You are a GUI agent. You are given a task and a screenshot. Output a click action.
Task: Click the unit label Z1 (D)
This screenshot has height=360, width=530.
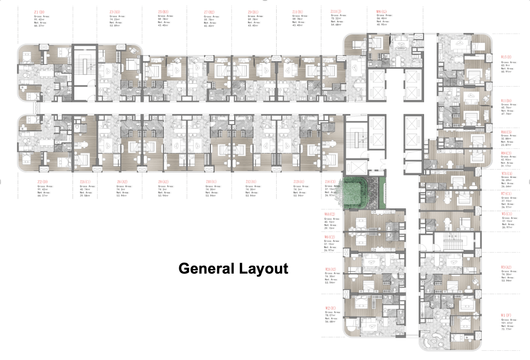point(39,12)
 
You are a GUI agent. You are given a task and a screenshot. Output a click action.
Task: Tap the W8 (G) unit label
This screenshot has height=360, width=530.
point(382,12)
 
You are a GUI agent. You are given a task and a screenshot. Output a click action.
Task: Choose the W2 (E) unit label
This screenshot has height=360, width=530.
point(330,308)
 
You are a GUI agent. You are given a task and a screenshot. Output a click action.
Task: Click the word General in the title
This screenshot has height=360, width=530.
point(206,269)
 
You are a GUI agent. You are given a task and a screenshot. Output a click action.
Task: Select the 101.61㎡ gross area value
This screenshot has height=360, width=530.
point(508,323)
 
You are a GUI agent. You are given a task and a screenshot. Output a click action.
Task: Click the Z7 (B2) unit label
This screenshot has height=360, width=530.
point(209,12)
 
